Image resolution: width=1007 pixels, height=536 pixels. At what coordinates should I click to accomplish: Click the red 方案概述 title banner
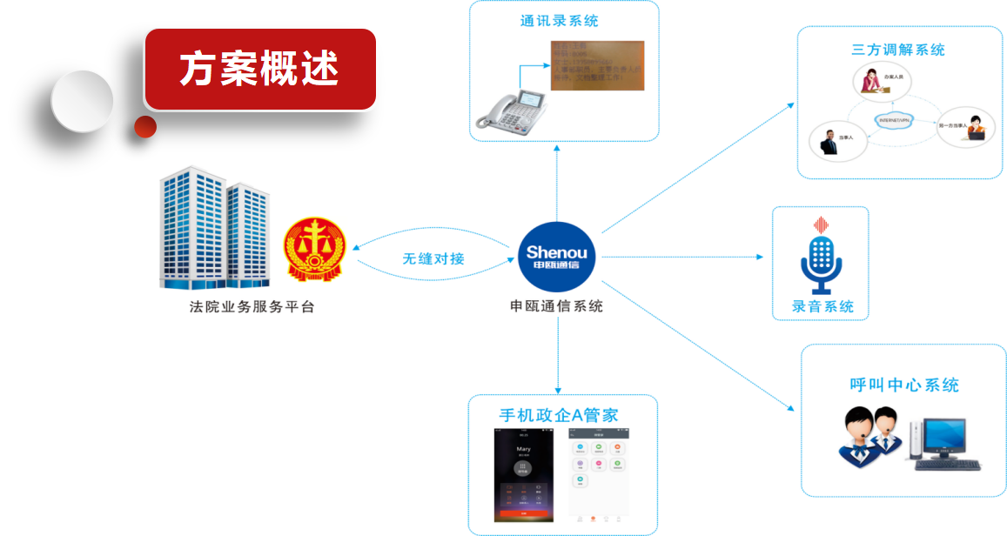pos(259,70)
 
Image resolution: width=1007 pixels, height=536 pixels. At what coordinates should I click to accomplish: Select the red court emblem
pos(315,250)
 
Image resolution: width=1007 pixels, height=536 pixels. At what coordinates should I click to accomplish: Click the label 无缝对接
pos(433,258)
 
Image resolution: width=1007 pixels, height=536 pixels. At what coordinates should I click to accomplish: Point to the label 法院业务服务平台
pos(252,307)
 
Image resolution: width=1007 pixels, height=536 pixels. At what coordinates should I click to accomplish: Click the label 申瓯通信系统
pos(556,306)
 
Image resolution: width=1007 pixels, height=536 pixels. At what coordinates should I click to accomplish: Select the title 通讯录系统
pos(560,21)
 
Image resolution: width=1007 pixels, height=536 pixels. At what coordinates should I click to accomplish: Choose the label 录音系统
pos(822,306)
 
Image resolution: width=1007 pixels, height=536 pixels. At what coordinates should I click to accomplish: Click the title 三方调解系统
pos(898,50)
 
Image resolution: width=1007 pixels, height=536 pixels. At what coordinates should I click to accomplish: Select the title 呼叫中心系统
pos(904,385)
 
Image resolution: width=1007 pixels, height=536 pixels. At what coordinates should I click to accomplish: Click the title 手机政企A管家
pos(558,415)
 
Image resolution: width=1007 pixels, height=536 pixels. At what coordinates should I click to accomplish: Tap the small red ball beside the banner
pos(145,127)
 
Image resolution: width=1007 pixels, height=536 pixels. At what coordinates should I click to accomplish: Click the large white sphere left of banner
pos(82,101)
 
